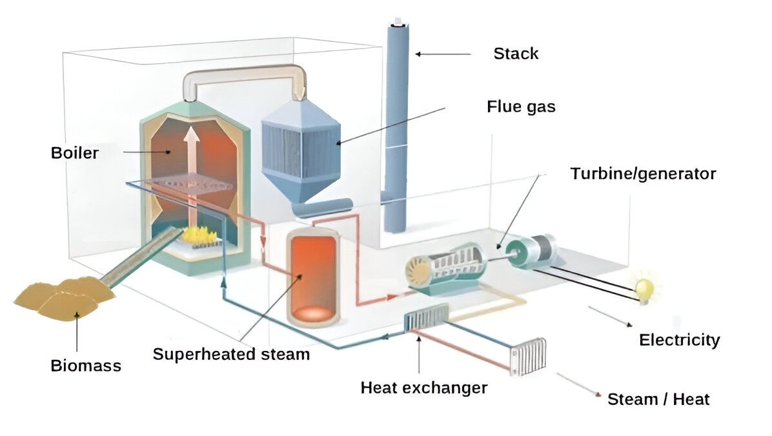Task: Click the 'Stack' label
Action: pos(515,53)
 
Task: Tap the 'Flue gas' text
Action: pos(520,106)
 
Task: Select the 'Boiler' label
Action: pos(75,154)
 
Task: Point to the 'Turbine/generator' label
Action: pos(643,173)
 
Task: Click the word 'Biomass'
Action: pos(86,366)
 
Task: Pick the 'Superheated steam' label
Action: pos(231,354)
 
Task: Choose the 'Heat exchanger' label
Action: pos(423,388)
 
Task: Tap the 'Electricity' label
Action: pos(679,340)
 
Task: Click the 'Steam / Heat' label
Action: pos(658,399)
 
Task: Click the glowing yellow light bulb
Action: pos(644,288)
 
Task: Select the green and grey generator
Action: pos(531,251)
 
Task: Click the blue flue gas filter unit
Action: pos(301,148)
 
